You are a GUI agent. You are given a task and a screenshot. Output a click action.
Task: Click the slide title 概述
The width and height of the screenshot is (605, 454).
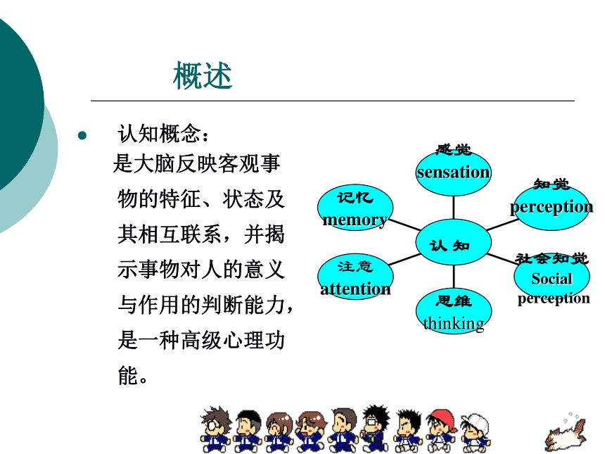pyautogui.click(x=203, y=76)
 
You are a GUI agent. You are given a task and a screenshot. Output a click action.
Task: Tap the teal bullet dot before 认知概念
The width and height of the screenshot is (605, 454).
pyautogui.click(x=82, y=136)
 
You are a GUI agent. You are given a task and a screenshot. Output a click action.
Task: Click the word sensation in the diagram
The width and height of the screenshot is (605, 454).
pyautogui.click(x=453, y=172)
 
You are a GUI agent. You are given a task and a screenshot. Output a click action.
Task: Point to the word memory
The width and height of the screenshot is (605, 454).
pyautogui.click(x=355, y=220)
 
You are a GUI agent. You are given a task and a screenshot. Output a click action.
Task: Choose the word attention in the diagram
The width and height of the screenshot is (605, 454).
pyautogui.click(x=355, y=289)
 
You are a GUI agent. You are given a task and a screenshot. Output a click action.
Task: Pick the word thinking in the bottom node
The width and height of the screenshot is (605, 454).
pyautogui.click(x=454, y=324)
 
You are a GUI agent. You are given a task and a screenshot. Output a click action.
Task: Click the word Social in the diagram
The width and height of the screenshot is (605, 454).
pyautogui.click(x=552, y=278)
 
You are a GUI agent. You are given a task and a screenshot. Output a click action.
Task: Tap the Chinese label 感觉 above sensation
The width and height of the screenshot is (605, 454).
pyautogui.click(x=453, y=149)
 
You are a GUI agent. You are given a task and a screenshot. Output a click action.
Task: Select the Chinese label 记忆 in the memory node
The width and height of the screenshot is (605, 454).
pyautogui.click(x=355, y=198)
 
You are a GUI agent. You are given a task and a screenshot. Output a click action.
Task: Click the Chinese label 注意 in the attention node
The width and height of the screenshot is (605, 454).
pyautogui.click(x=355, y=266)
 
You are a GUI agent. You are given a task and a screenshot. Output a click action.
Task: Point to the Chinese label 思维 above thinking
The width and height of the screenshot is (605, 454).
pyautogui.click(x=454, y=301)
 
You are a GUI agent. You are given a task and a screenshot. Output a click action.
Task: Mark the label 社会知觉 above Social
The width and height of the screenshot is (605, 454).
pyautogui.click(x=552, y=258)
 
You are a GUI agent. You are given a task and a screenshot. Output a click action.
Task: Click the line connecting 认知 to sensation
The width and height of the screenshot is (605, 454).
pyautogui.click(x=453, y=208)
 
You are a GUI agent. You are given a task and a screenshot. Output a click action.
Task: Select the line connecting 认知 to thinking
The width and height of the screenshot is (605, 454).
pyautogui.click(x=454, y=277)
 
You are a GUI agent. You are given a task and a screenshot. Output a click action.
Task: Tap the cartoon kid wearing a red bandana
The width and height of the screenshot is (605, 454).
pyautogui.click(x=441, y=429)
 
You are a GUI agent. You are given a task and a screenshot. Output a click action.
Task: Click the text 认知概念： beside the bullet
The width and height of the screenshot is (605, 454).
pyautogui.click(x=164, y=134)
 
